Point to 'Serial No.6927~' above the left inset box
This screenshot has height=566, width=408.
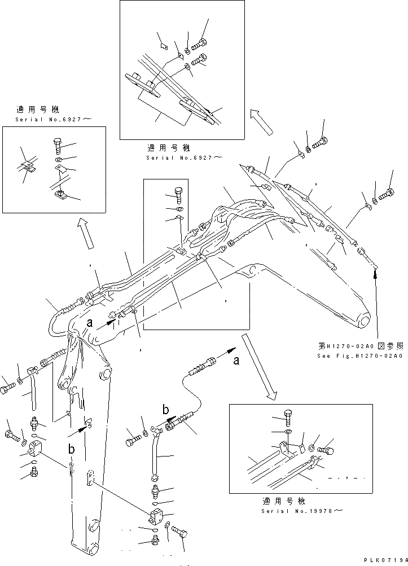(54, 120)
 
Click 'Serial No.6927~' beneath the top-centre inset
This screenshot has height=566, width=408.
(183, 158)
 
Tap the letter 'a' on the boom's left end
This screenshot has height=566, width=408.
(89, 323)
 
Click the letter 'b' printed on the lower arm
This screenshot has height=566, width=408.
(72, 449)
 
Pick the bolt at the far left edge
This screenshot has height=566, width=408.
(8, 389)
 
